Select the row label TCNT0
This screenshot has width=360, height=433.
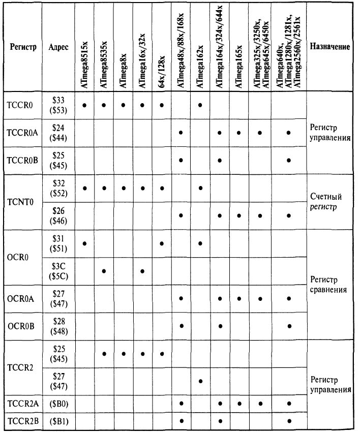click(x=20, y=202)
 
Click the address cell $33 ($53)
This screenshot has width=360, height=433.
click(x=59, y=105)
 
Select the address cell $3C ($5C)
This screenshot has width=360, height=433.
click(x=59, y=271)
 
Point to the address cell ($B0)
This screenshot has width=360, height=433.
click(x=59, y=404)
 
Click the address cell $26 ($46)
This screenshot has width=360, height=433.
click(x=59, y=216)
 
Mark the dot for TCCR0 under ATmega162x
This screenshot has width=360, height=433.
click(x=200, y=105)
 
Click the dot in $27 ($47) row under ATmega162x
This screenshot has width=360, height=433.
click(x=200, y=381)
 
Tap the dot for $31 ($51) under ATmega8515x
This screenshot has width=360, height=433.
click(x=84, y=243)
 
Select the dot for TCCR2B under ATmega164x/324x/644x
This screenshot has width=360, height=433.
click(x=220, y=421)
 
